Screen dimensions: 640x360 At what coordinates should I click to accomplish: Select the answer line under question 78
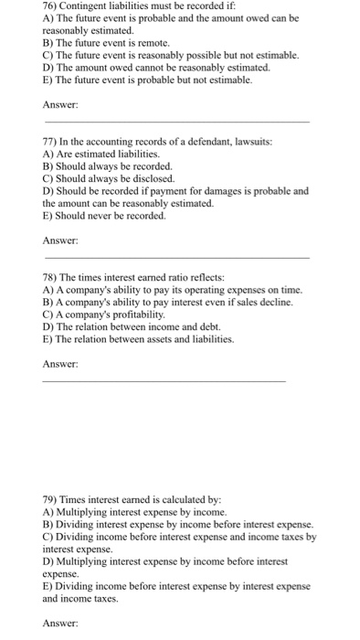(164, 381)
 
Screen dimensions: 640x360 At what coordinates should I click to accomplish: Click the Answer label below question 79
(60, 624)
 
